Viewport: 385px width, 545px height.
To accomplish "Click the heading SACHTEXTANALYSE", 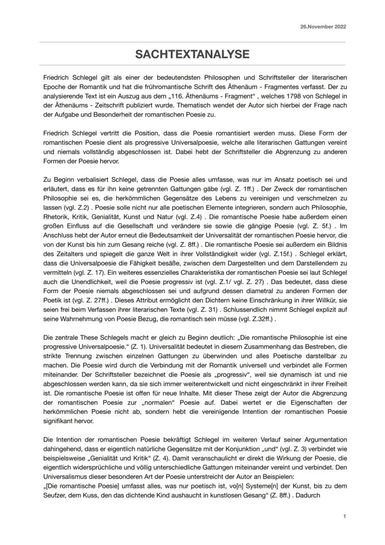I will point(192,54).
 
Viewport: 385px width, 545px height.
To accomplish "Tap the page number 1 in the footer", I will point(344,516).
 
